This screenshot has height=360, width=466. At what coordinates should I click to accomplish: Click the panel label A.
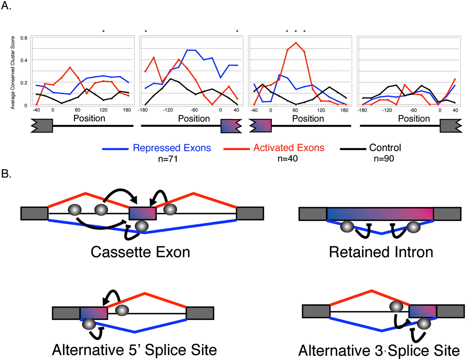(x=6, y=6)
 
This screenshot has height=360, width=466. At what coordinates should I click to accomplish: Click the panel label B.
(x=6, y=174)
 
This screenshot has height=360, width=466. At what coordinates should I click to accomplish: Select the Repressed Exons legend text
(x=171, y=148)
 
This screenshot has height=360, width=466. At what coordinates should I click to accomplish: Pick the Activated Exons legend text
(x=289, y=148)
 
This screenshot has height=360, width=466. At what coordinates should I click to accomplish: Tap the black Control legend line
(x=353, y=149)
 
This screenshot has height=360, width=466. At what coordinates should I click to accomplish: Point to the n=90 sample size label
(x=384, y=158)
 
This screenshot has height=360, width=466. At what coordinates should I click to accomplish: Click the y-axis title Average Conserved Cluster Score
(x=13, y=72)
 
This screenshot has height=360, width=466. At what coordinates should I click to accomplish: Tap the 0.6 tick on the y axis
(x=24, y=38)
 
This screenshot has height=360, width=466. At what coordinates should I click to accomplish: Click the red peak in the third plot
(x=296, y=43)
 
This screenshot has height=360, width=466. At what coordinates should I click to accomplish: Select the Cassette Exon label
(x=140, y=252)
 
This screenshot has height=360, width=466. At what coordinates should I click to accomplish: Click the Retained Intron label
(x=381, y=252)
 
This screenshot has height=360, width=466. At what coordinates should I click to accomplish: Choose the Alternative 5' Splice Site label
(x=134, y=350)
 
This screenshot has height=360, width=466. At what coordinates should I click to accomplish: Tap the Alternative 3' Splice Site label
(x=379, y=351)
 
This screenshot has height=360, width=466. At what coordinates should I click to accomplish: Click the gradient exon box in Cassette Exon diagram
(x=143, y=213)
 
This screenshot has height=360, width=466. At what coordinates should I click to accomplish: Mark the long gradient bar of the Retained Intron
(x=380, y=214)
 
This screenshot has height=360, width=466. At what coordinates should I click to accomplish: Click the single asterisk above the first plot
(x=103, y=32)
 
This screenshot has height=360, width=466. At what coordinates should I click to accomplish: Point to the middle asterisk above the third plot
(x=296, y=32)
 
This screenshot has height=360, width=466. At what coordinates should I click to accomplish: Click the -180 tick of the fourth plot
(x=362, y=110)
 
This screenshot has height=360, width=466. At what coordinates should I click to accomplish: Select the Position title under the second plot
(x=194, y=119)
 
